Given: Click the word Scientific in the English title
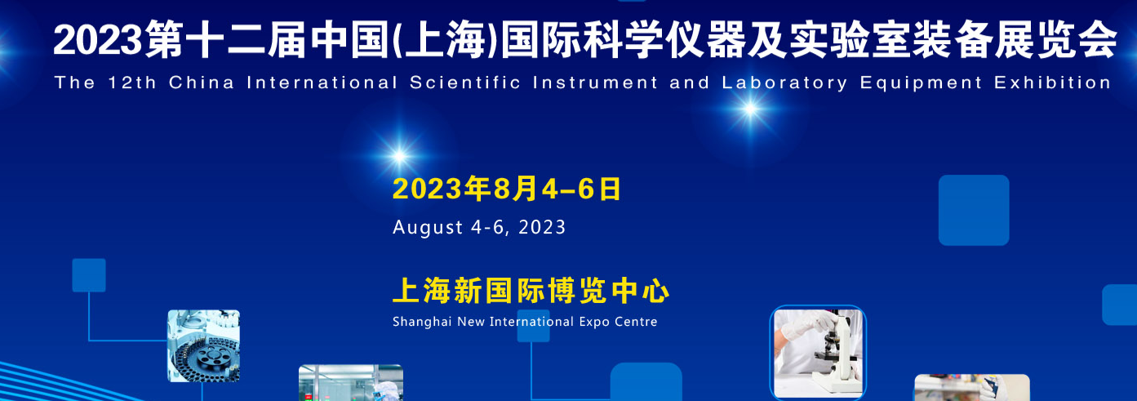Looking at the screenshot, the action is tap(465, 82).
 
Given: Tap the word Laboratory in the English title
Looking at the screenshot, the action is tap(784, 83).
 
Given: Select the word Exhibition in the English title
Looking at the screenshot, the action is tap(1052, 82).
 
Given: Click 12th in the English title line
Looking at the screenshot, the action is tap(132, 82).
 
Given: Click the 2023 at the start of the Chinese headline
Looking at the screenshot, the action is tap(97, 40).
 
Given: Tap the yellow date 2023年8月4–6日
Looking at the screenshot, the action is tap(507, 189).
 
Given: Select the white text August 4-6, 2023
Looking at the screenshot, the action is tap(479, 227).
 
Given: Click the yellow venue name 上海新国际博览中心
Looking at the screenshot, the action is tap(531, 291).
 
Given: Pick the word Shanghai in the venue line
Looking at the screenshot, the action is tap(422, 322).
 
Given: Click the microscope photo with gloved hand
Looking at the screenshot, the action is tap(818, 353).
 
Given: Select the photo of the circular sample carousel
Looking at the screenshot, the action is tap(203, 345).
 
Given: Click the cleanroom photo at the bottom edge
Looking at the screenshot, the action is tap(351, 383).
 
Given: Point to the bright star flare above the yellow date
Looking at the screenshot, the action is tap(399, 156).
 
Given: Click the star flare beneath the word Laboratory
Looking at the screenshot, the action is tap(750, 109).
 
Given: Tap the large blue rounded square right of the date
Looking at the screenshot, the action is tap(974, 210).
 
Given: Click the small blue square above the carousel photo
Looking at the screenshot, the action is tap(89, 275).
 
